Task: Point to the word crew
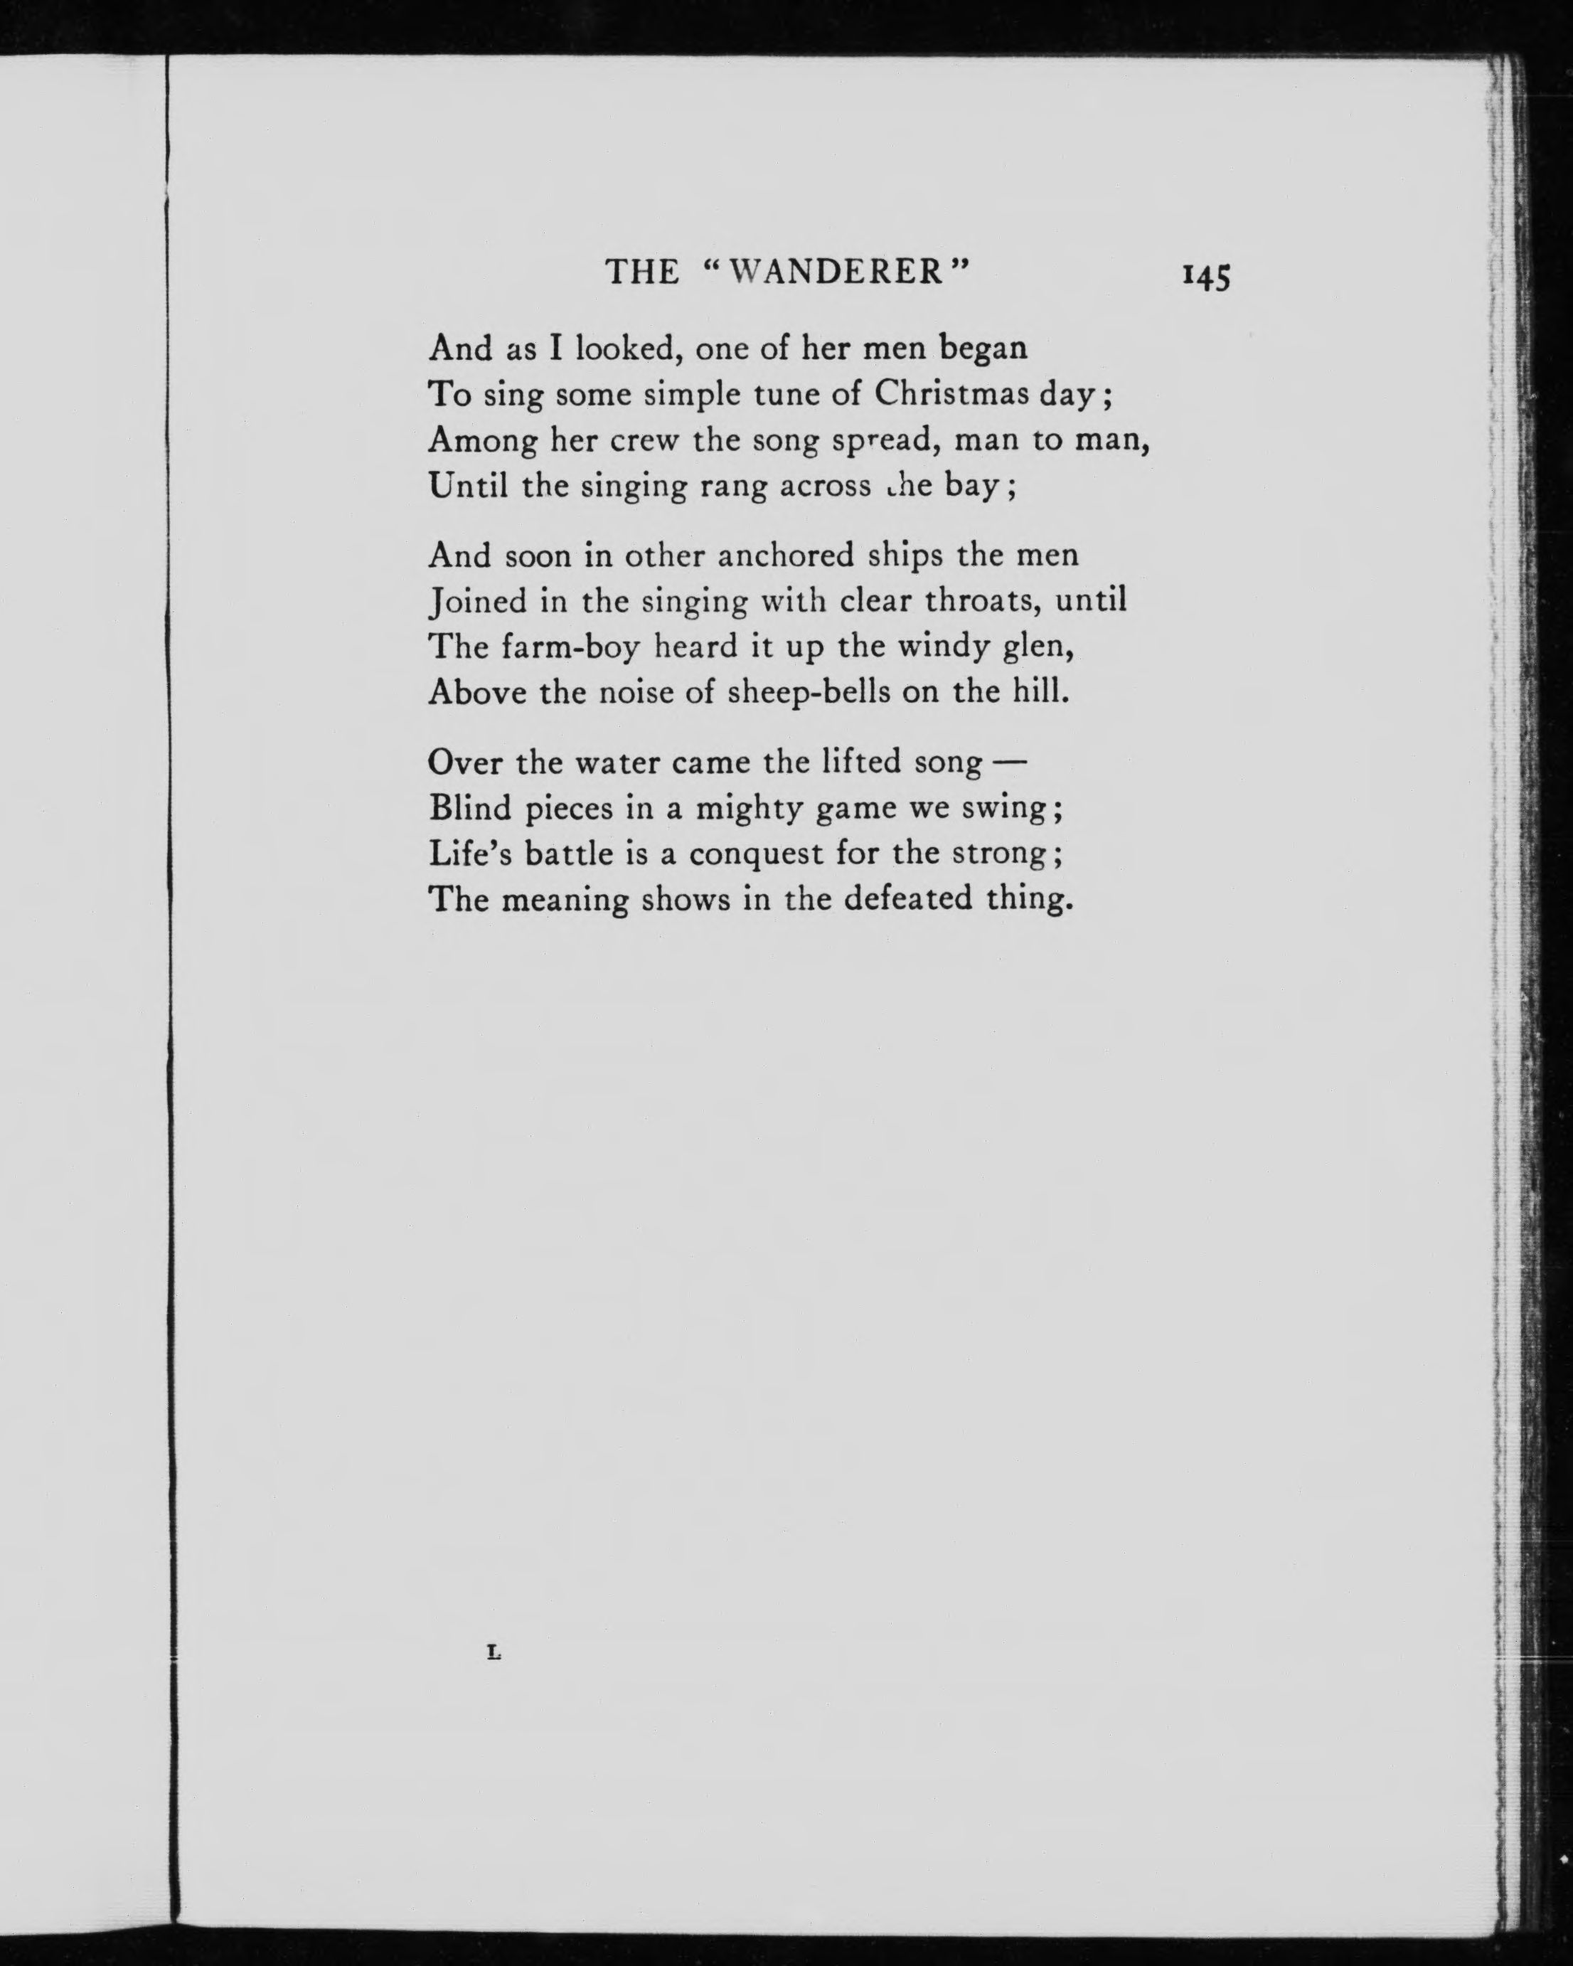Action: coord(645,440)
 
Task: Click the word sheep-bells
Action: coord(808,692)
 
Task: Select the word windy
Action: coord(944,647)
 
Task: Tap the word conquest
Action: coord(756,854)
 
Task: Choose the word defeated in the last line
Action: coord(907,899)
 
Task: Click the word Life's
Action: coord(468,854)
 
